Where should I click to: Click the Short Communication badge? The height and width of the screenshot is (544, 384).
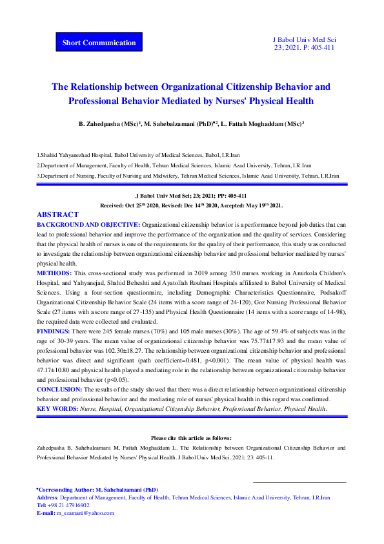click(x=99, y=43)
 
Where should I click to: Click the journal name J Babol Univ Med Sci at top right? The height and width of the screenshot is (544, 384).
click(x=305, y=39)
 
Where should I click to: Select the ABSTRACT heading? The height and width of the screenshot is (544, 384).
click(x=57, y=214)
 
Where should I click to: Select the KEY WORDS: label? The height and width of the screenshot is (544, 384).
click(x=57, y=409)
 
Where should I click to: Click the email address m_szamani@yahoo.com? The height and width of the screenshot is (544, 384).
click(x=85, y=513)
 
